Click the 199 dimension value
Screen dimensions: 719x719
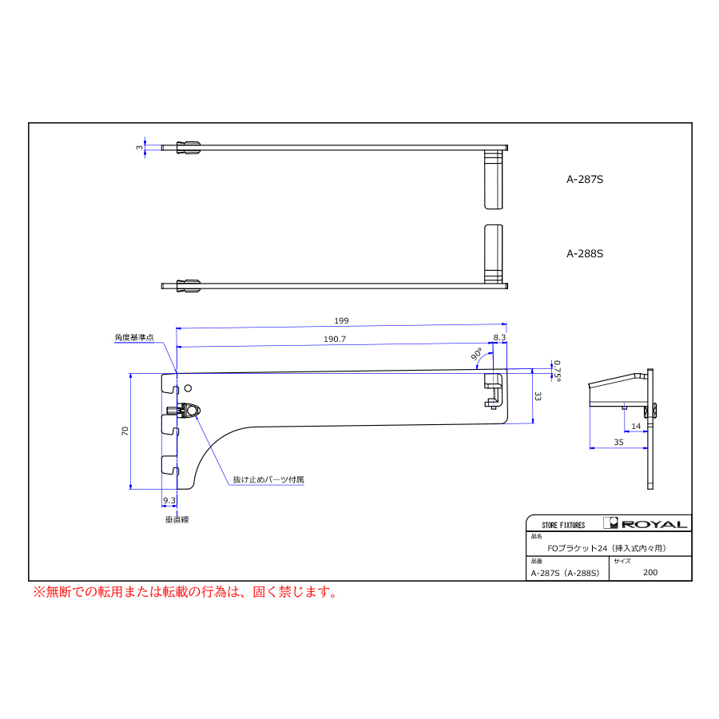(341, 320)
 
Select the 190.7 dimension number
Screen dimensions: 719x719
(335, 339)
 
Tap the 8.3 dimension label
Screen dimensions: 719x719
(499, 337)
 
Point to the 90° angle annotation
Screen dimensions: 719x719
(476, 354)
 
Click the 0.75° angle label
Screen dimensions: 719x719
(557, 371)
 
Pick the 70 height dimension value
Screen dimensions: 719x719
(125, 431)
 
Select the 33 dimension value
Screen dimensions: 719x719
(538, 396)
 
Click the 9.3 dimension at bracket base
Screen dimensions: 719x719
(169, 500)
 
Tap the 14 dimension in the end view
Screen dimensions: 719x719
(636, 426)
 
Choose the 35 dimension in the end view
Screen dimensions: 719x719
(618, 442)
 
